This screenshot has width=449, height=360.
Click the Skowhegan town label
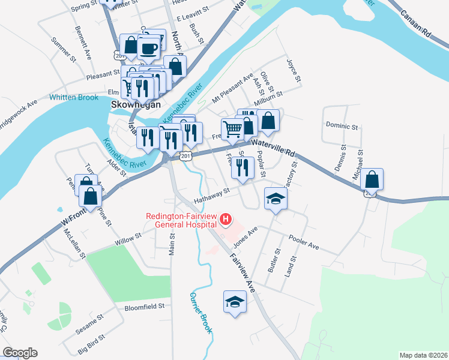136,104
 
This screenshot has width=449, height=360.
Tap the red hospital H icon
226,220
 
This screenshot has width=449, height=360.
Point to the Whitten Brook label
74,97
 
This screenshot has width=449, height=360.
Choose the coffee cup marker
148,47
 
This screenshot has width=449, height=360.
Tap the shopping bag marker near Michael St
372,179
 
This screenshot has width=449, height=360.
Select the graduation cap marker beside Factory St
276,198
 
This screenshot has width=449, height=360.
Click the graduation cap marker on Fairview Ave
235,302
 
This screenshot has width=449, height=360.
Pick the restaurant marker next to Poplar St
243,168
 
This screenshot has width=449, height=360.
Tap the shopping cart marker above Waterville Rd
232,128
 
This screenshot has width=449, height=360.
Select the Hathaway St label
212,194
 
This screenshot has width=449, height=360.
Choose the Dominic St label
342,127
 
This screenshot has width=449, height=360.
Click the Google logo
20,353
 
